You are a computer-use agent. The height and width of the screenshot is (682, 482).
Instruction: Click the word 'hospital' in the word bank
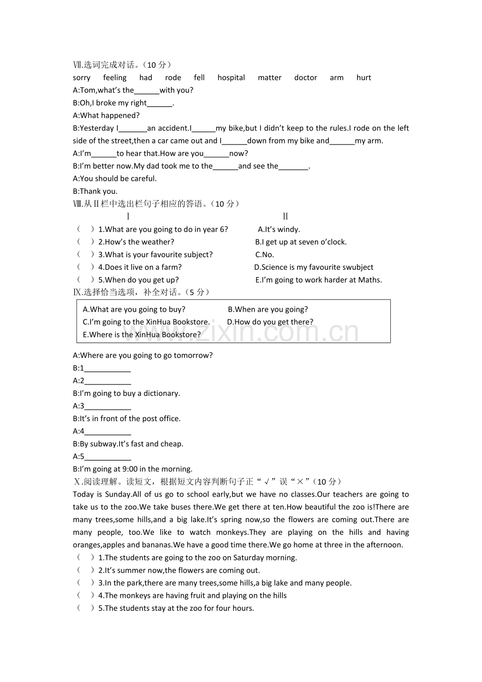[x=231, y=78]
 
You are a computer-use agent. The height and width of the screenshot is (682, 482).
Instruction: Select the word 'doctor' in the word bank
[x=305, y=78]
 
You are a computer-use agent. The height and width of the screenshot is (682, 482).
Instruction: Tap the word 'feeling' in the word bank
[x=115, y=78]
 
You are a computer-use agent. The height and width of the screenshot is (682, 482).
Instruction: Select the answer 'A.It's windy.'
[x=279, y=229]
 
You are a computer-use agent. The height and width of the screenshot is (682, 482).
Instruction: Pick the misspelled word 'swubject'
[x=358, y=267]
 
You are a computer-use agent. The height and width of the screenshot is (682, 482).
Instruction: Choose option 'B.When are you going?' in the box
[x=268, y=310]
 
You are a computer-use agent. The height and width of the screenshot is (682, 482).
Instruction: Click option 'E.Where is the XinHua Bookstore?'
[x=141, y=335]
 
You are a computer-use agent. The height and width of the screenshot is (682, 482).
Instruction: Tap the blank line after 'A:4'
[x=107, y=432]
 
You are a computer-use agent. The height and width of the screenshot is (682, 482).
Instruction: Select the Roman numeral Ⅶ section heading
[x=78, y=65]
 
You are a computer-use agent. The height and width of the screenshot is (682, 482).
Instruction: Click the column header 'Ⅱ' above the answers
[x=285, y=216]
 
